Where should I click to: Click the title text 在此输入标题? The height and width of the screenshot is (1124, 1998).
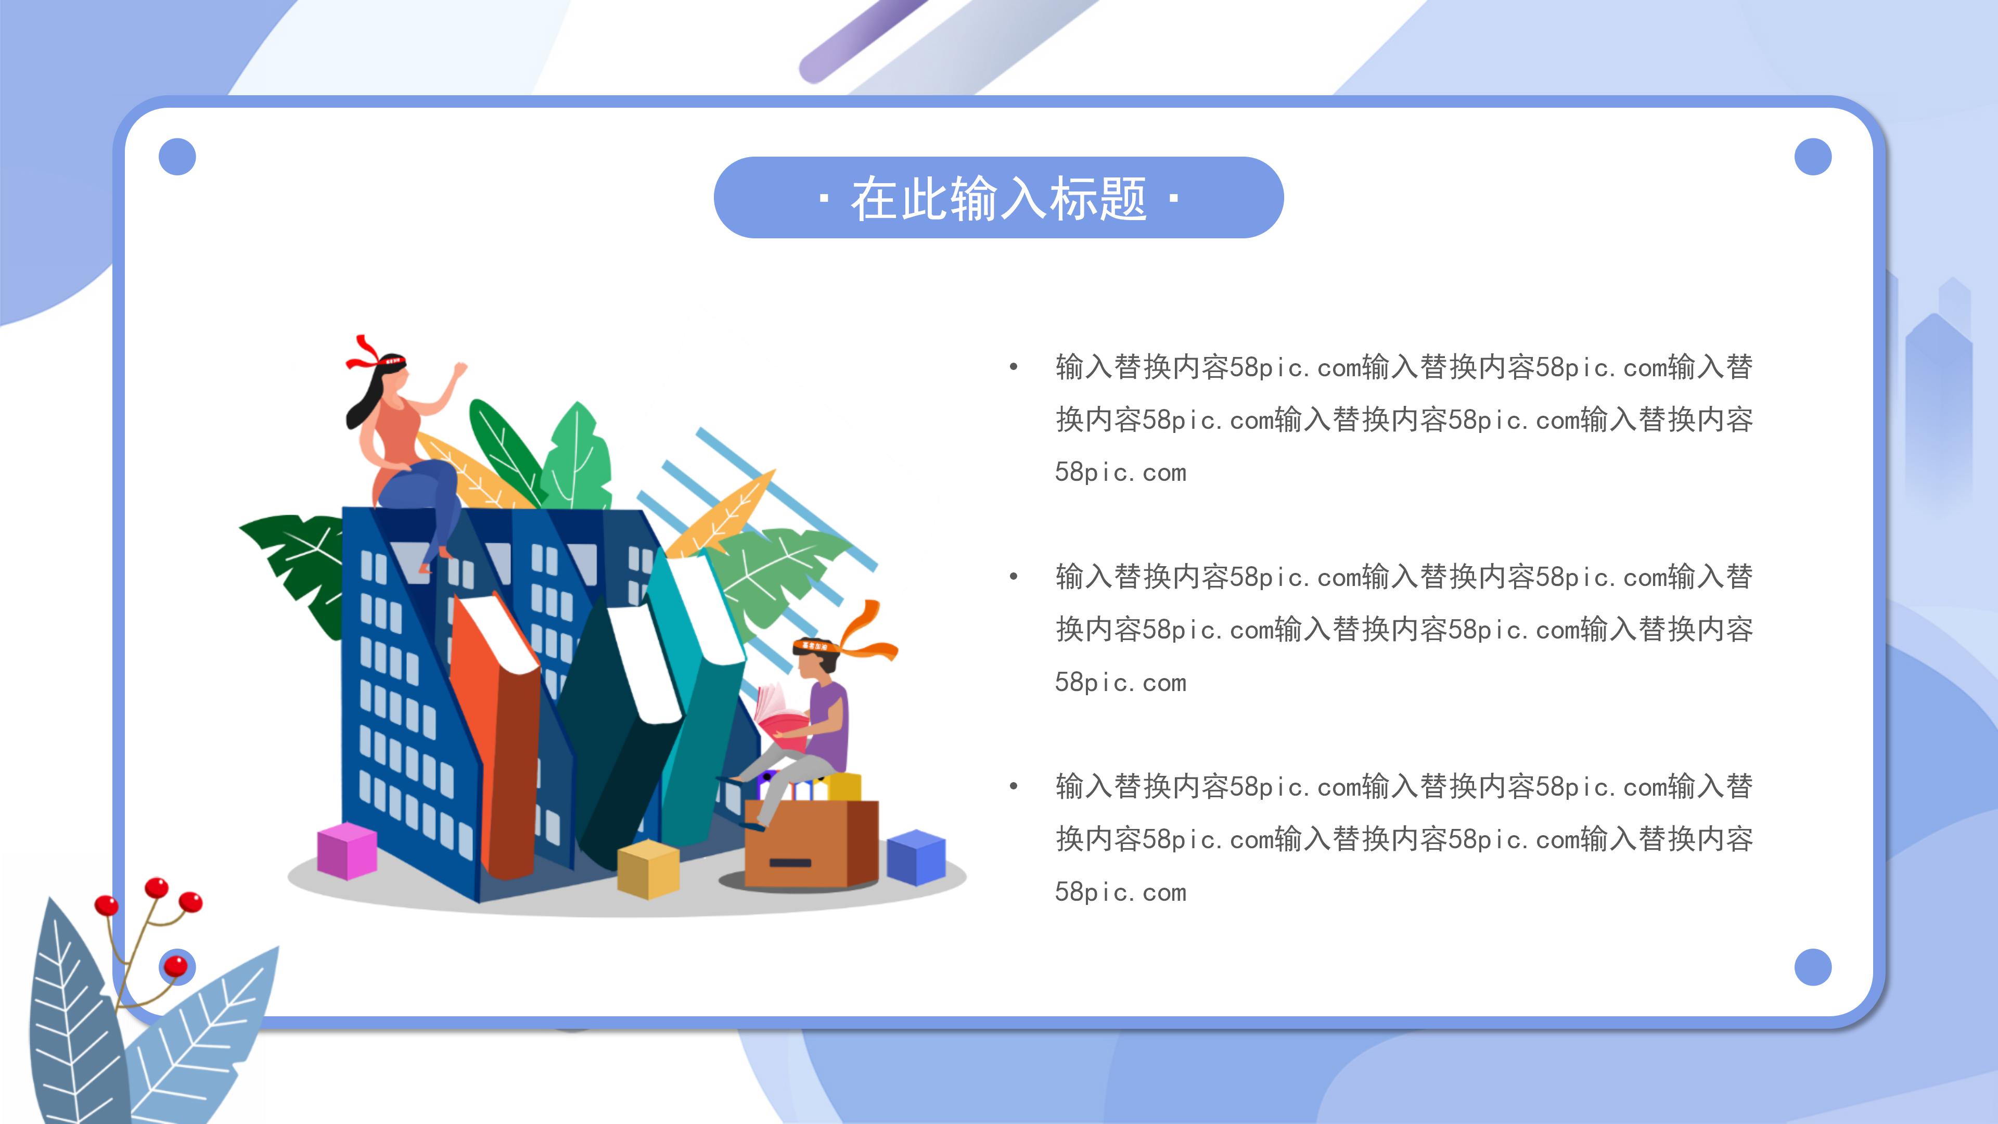(998, 199)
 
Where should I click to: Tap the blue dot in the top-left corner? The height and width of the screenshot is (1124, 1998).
(177, 157)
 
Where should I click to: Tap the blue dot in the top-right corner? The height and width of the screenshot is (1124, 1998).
(1813, 157)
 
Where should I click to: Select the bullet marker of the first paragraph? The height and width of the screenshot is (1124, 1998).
(1013, 367)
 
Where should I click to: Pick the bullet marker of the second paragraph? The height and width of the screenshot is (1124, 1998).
(1013, 577)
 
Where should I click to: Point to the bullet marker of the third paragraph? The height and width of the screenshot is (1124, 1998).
(1013, 787)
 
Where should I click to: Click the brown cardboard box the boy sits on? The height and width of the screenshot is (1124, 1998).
(811, 846)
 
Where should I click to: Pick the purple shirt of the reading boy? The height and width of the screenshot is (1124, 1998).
(828, 721)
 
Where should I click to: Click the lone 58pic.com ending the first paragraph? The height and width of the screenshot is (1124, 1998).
(1120, 472)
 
